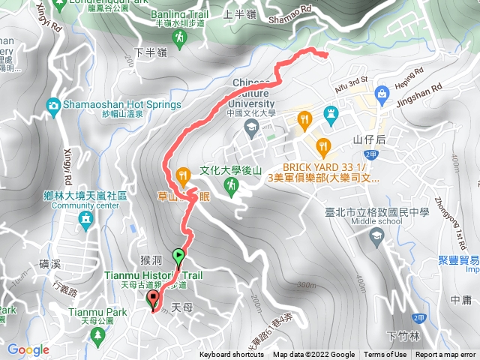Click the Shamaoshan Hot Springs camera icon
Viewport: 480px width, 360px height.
54,106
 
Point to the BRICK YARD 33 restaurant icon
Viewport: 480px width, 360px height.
323,146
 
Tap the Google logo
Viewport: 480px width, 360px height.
28,349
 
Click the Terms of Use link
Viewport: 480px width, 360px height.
385,355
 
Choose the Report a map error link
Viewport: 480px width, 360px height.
446,355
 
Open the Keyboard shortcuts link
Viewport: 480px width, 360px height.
232,355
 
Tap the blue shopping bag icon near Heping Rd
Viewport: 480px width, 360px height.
382,93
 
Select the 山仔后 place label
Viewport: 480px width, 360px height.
368,139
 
